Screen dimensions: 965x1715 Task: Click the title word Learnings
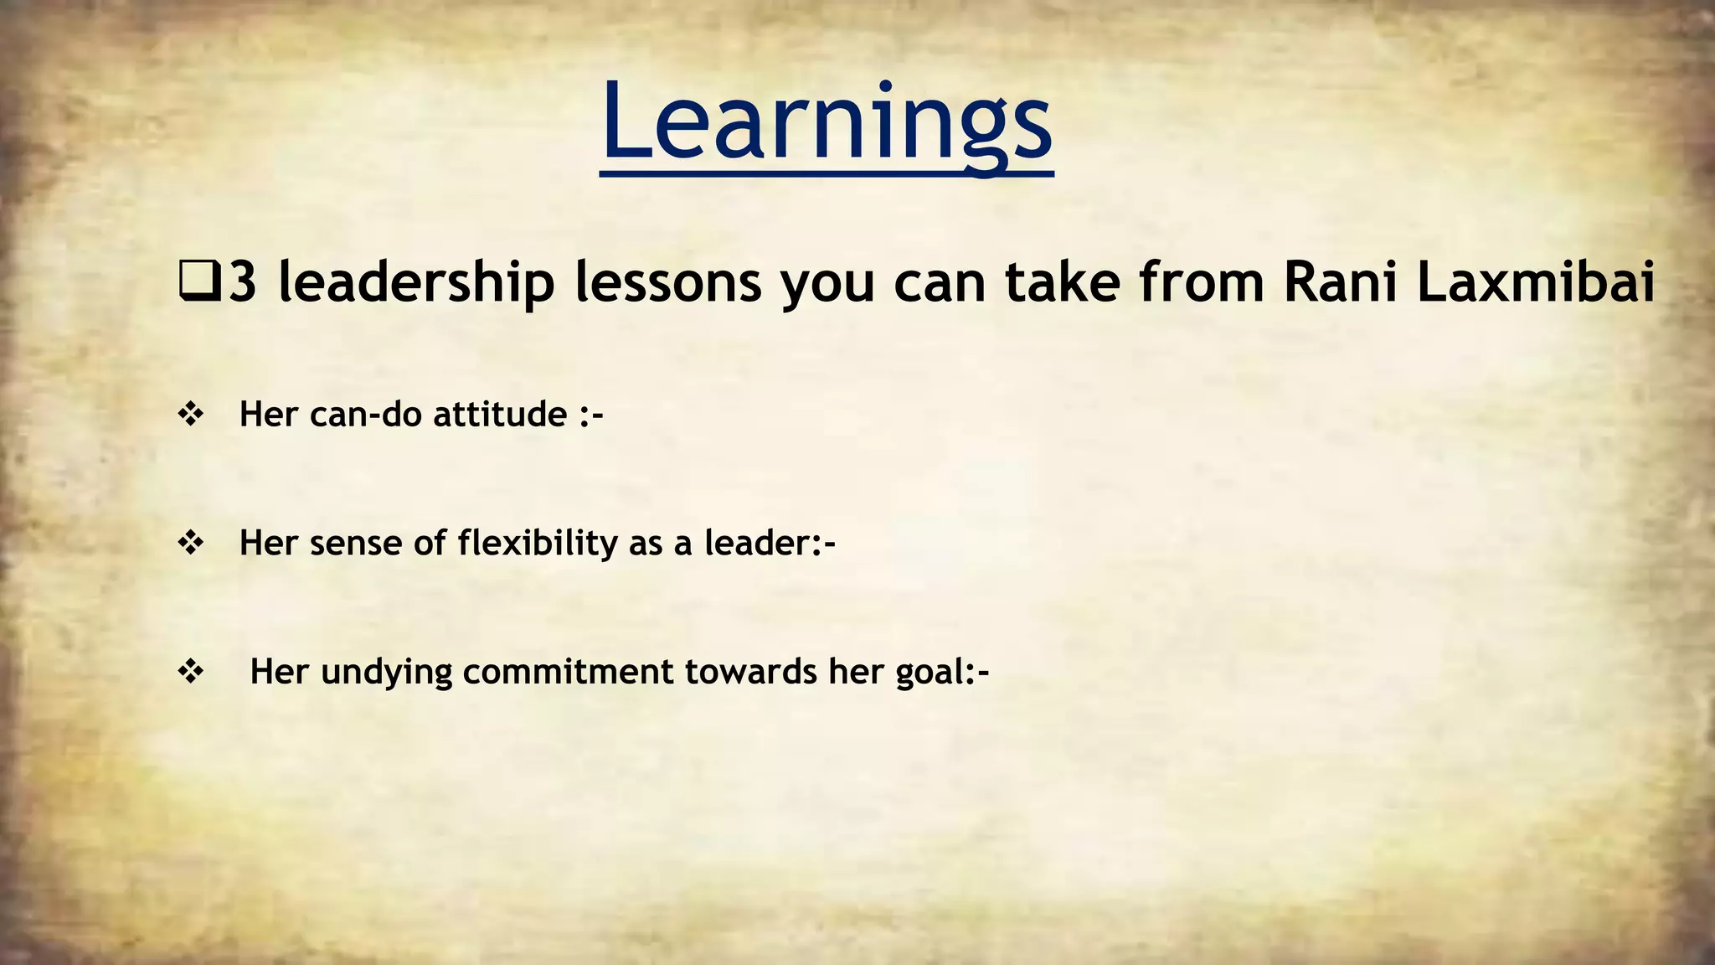(827, 124)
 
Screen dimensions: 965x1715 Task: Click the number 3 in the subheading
(242, 282)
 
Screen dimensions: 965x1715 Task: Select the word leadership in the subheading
(416, 282)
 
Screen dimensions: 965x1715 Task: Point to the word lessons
(667, 282)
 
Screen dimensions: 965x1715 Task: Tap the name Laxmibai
(1536, 282)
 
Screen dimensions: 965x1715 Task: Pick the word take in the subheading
(1062, 282)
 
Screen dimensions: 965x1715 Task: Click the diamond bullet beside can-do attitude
(191, 414)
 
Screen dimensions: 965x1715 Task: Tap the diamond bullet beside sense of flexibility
(191, 543)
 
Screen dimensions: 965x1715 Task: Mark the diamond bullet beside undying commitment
(191, 672)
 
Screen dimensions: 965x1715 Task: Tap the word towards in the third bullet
(750, 672)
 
